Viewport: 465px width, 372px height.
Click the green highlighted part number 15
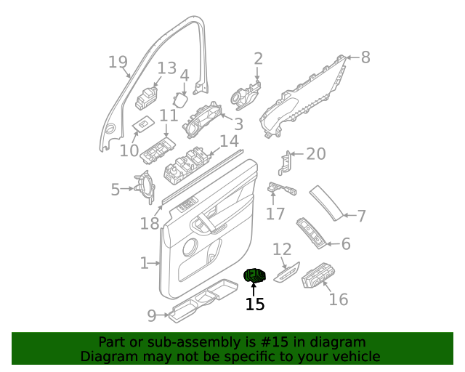coord(255,275)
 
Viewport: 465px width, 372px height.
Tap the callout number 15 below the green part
coord(255,304)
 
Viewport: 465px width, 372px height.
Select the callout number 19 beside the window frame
coord(118,62)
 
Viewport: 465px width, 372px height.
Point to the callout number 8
coord(365,57)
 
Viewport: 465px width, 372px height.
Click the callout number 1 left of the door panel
coord(144,262)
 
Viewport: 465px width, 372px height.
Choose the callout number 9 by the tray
coord(152,315)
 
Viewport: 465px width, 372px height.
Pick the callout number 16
coord(339,299)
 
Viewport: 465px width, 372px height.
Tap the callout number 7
coord(361,216)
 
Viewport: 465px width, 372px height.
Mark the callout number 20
coord(316,153)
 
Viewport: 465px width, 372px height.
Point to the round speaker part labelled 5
coord(145,188)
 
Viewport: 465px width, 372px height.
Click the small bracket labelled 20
coord(288,164)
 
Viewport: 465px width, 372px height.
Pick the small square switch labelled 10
coord(142,126)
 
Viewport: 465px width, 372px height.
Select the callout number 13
coord(167,68)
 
